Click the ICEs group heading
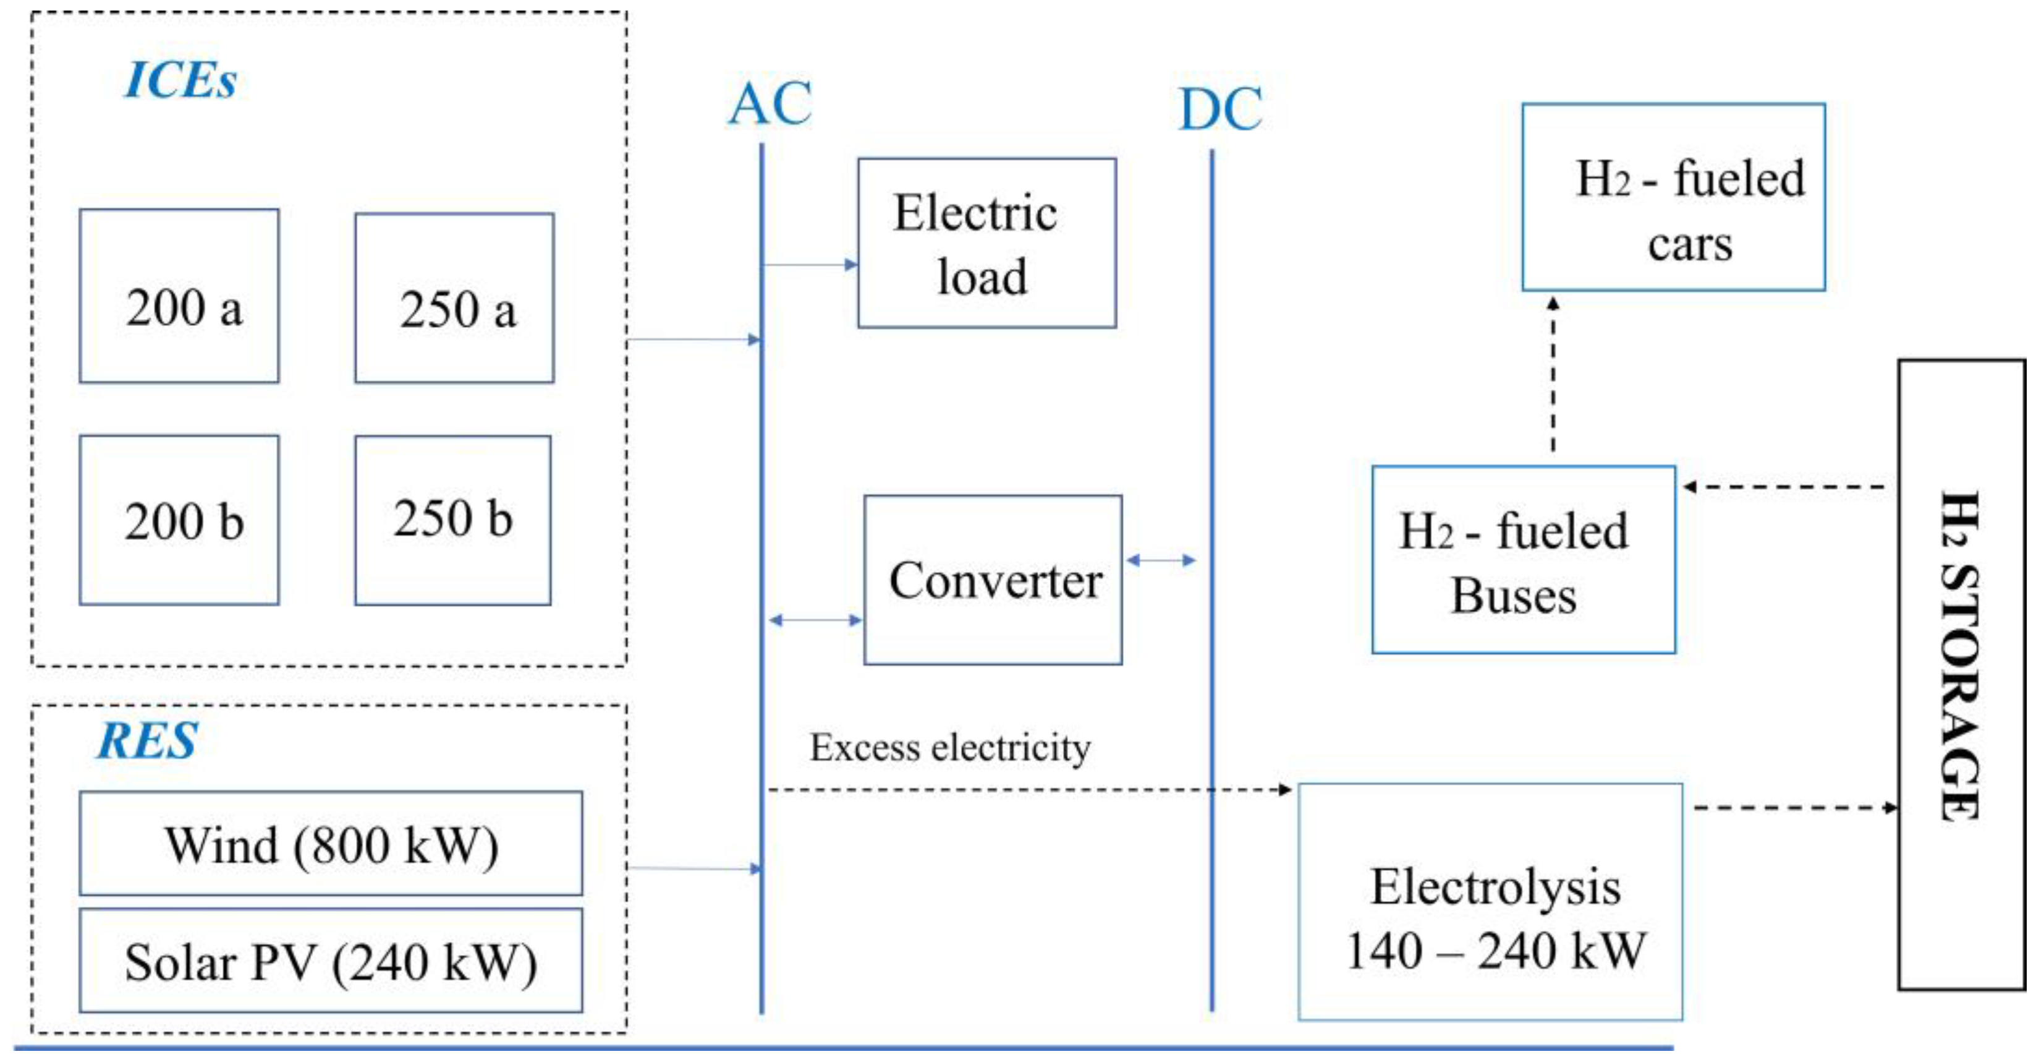pos(180,80)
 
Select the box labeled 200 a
pos(179,296)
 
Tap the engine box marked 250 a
pos(454,298)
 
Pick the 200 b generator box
pos(179,520)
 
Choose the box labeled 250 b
pos(453,520)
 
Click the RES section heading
pos(147,741)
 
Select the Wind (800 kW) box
pos(331,844)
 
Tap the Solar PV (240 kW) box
pos(331,961)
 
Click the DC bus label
pos(1219,109)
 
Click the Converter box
pos(993,580)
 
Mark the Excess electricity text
pos(950,747)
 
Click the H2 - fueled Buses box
pos(1523,560)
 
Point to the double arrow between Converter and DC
pos(1160,560)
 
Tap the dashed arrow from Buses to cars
pos(1553,375)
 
